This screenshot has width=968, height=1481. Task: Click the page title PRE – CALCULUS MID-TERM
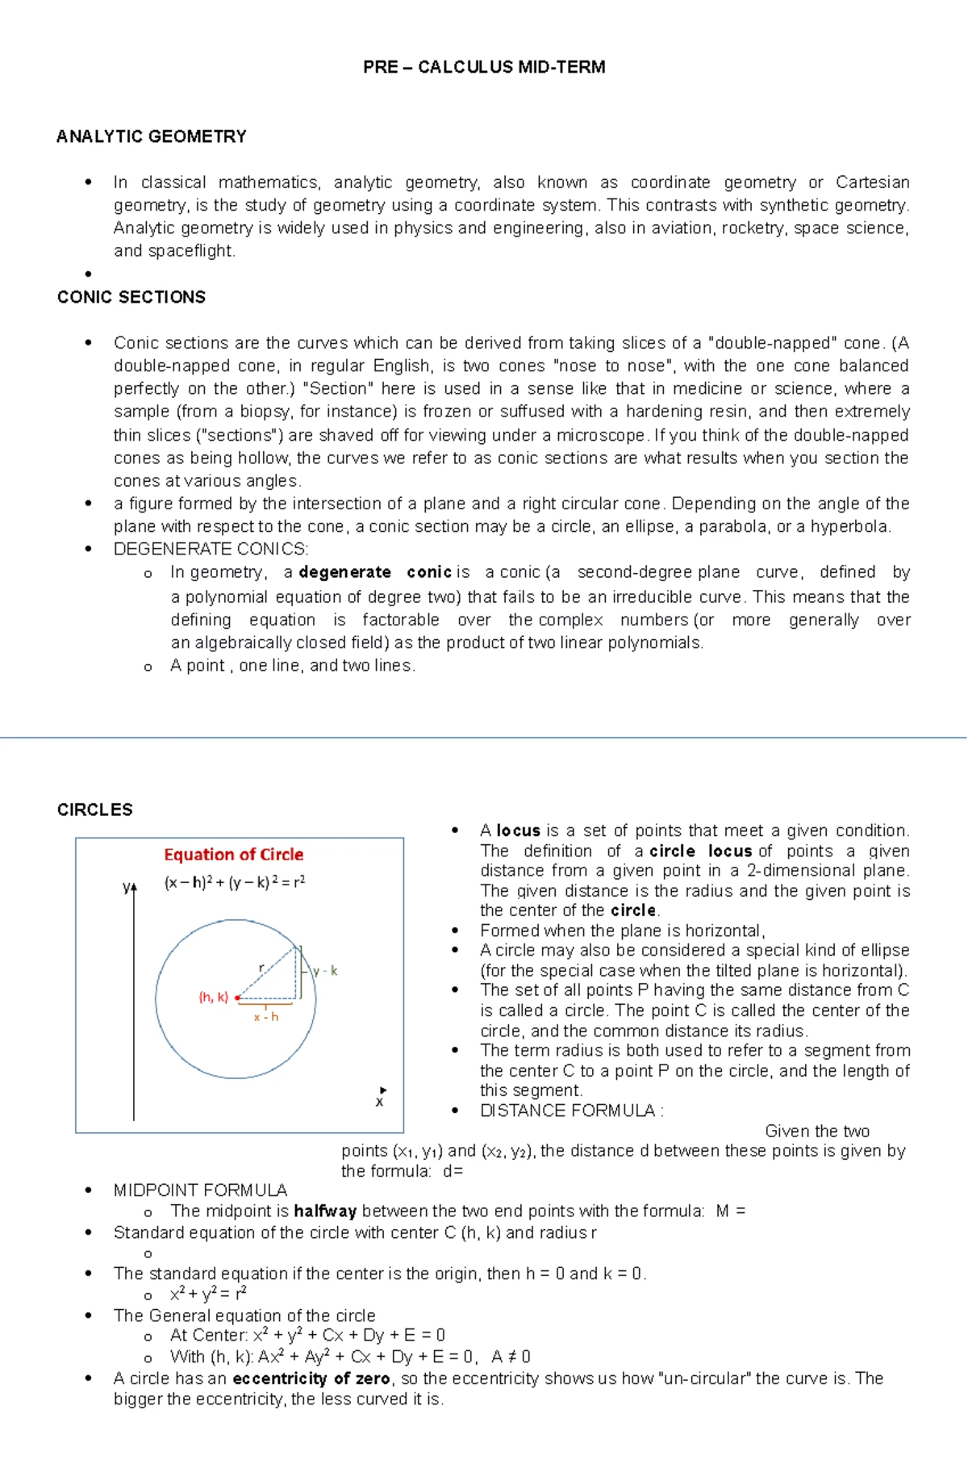tap(484, 67)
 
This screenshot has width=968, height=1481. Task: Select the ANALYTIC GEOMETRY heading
tap(151, 136)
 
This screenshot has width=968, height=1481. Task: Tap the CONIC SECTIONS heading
tap(131, 297)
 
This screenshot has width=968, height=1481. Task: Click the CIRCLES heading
tap(94, 810)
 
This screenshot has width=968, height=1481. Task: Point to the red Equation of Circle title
tap(233, 854)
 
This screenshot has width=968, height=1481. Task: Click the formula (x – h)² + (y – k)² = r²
tap(234, 882)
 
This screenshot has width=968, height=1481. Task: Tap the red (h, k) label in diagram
tap(214, 997)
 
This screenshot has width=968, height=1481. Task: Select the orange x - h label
tap(265, 1017)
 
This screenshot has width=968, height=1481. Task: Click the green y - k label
tap(325, 970)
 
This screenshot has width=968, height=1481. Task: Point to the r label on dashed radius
tap(261, 967)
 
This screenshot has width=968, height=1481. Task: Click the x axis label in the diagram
tap(379, 1102)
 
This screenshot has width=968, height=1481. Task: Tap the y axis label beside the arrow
tap(127, 886)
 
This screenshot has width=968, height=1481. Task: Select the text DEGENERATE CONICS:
tap(211, 550)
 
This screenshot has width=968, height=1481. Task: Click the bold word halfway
tap(325, 1211)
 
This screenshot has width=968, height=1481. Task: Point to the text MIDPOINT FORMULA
tap(200, 1190)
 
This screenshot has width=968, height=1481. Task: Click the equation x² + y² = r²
tap(208, 1295)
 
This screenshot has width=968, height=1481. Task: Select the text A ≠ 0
tap(511, 1357)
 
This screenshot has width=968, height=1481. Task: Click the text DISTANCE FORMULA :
tap(571, 1111)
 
